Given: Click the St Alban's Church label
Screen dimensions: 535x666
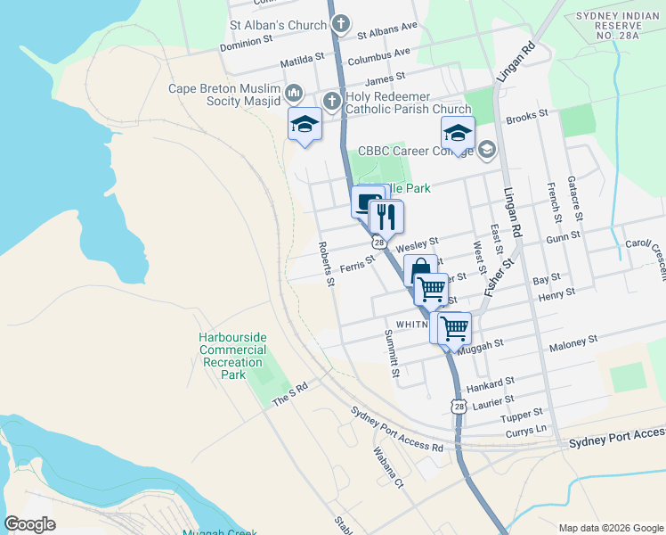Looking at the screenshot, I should (x=277, y=25).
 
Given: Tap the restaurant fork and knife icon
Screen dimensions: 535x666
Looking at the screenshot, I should (x=386, y=216).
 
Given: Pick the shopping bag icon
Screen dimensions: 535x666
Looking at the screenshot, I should (x=420, y=269).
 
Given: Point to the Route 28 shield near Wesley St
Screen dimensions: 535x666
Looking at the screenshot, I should (x=379, y=243).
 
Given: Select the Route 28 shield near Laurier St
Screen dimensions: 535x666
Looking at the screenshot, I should (x=458, y=406).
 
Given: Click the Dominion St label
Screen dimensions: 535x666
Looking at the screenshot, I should (x=246, y=42).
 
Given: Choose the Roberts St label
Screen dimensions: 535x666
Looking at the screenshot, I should (x=327, y=264).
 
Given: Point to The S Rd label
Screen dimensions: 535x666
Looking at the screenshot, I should (x=289, y=392).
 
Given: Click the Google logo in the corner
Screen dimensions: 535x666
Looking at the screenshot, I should (x=29, y=524).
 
